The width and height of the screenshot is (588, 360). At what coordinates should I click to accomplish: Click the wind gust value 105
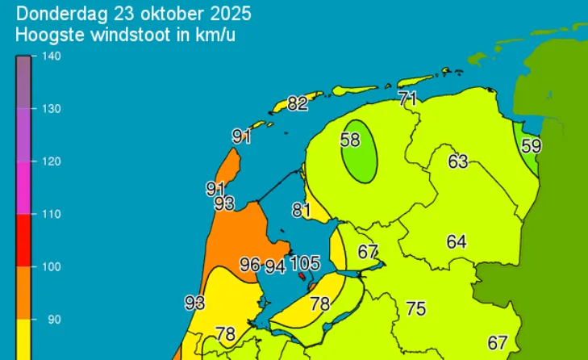pos(305,263)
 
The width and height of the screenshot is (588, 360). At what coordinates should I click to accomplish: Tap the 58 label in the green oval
pos(349,140)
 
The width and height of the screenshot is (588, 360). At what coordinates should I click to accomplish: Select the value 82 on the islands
pos(298,103)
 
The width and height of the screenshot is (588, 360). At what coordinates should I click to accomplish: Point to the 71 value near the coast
pos(407,99)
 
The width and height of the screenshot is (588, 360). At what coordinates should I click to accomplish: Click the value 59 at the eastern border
pos(531,146)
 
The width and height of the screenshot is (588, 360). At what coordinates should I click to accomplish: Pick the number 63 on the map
pos(458,161)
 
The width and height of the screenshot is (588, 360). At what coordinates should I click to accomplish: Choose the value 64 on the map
pos(457,241)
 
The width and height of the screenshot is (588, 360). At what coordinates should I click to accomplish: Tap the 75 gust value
pos(415,308)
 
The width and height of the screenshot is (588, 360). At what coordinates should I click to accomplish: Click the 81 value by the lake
pos(302,210)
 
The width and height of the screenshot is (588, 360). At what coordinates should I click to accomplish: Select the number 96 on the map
pos(250,264)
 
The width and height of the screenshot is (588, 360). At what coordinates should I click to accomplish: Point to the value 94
pos(275,266)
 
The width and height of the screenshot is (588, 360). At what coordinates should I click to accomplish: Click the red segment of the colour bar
pos(24,241)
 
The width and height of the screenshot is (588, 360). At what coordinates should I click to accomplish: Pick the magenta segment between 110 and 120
pos(24,188)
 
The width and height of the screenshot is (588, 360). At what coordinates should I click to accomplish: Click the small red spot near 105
pos(302,275)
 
